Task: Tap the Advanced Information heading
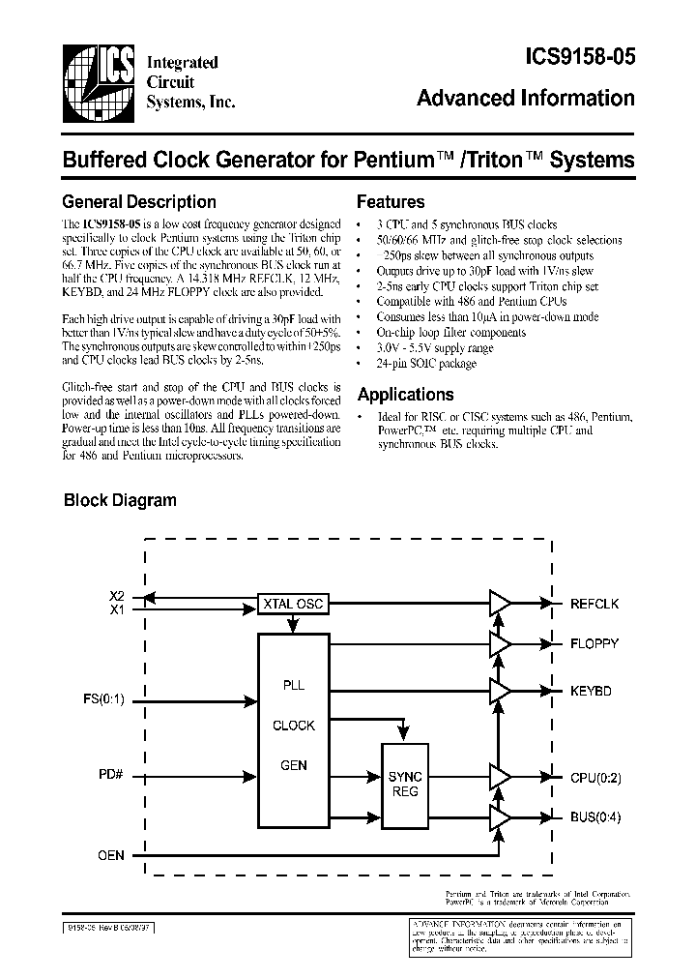click(526, 99)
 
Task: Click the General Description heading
click(138, 202)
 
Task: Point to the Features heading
click(391, 202)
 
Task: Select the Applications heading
click(405, 395)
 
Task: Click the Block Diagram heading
click(120, 500)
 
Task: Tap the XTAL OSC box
click(293, 605)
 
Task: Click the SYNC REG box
click(405, 784)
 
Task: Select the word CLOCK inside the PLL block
click(293, 726)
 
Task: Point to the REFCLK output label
click(594, 604)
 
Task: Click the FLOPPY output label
click(594, 643)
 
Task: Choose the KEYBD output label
click(591, 691)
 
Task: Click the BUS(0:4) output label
click(595, 816)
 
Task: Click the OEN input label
click(111, 854)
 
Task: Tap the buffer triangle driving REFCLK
click(500, 605)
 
